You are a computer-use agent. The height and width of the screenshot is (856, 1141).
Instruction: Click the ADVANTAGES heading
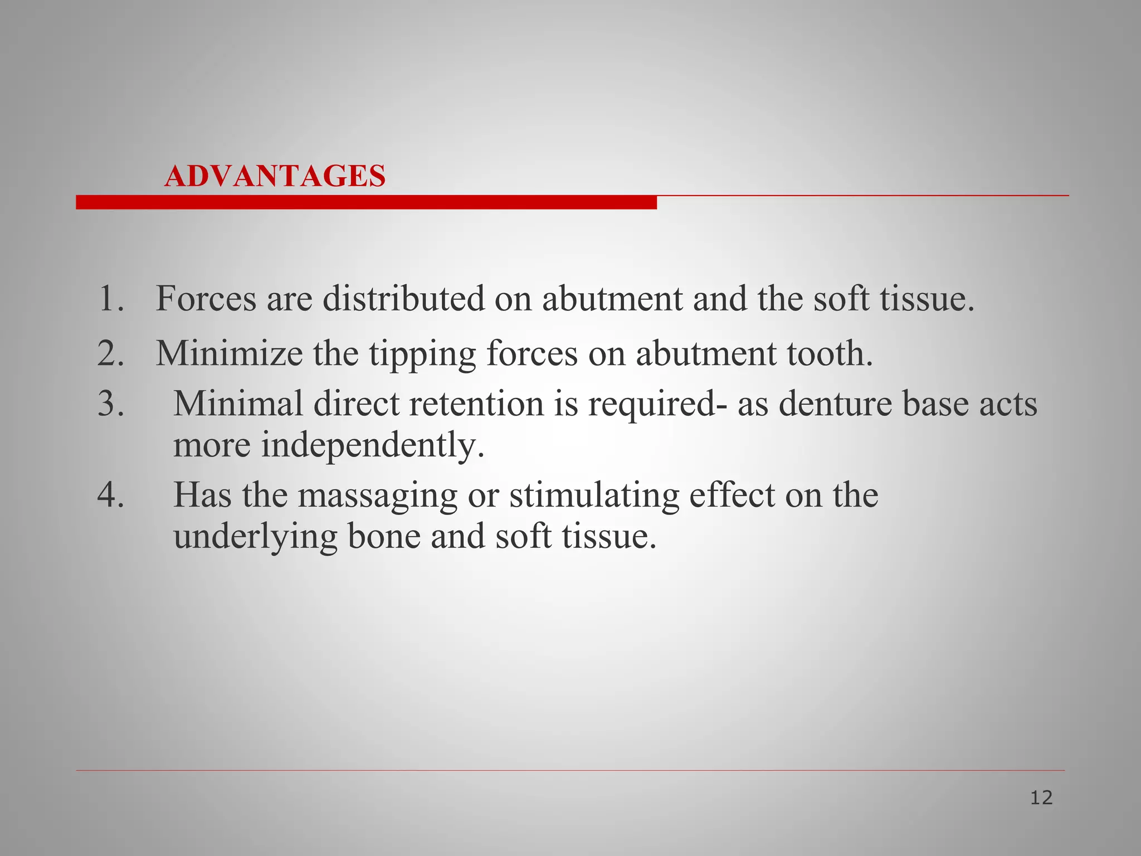[x=275, y=176]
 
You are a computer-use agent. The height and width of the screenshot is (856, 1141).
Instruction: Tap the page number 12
[x=1041, y=798]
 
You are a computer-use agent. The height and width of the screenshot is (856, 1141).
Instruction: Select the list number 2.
[x=110, y=353]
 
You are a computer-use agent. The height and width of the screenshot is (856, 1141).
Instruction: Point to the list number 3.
[x=110, y=403]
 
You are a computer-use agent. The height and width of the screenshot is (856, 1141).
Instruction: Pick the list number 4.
[x=110, y=494]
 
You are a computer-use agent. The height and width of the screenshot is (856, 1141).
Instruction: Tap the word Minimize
[x=229, y=353]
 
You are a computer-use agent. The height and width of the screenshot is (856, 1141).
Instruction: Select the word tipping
[x=422, y=354]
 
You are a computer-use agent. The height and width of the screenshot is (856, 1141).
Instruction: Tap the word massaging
[x=377, y=495]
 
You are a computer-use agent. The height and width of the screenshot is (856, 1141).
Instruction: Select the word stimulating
[x=594, y=495]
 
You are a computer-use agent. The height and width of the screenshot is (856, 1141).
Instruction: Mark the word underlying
[x=255, y=537]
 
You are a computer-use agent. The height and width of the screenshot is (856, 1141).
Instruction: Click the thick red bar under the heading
[x=366, y=202]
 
